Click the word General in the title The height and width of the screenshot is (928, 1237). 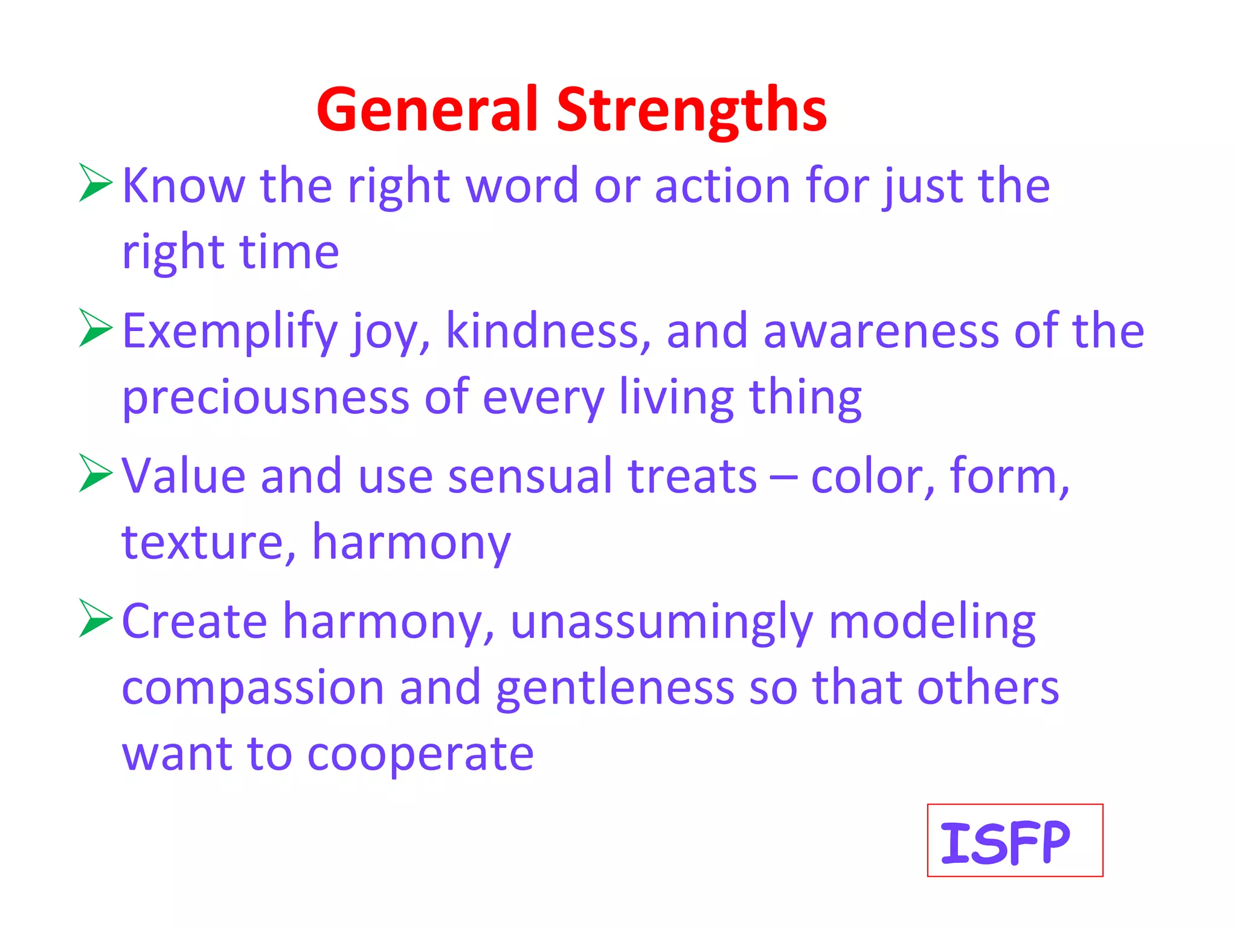tap(426, 110)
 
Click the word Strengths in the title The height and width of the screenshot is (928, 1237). tap(691, 110)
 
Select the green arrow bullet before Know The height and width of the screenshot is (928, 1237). tap(95, 182)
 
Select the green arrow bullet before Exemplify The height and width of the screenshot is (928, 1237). tap(95, 328)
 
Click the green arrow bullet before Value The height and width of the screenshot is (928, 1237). tap(95, 474)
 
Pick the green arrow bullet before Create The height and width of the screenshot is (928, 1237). tap(95, 619)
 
